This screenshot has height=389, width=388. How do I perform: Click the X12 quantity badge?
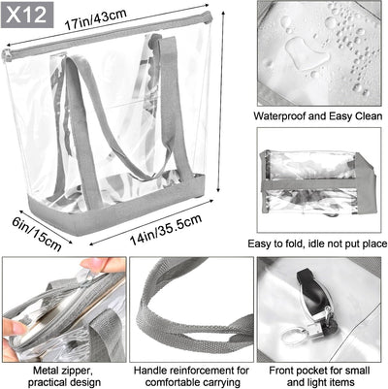pyautogui.click(x=27, y=15)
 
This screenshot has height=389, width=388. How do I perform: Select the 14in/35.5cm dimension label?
pyautogui.click(x=166, y=229)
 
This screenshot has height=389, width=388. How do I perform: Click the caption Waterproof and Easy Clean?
pyautogui.click(x=318, y=116)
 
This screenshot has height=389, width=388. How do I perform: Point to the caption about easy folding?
pyautogui.click(x=317, y=243)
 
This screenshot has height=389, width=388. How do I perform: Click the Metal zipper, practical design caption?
pyautogui.click(x=64, y=376)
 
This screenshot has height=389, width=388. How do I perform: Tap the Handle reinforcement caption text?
pyautogui.click(x=192, y=376)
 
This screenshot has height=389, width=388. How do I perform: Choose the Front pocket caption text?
pyautogui.click(x=319, y=376)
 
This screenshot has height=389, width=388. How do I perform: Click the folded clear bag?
pyautogui.click(x=316, y=182)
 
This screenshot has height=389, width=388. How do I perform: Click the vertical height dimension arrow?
pyautogui.click(x=221, y=101)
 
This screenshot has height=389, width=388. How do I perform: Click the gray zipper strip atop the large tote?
pyautogui.click(x=107, y=36)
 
